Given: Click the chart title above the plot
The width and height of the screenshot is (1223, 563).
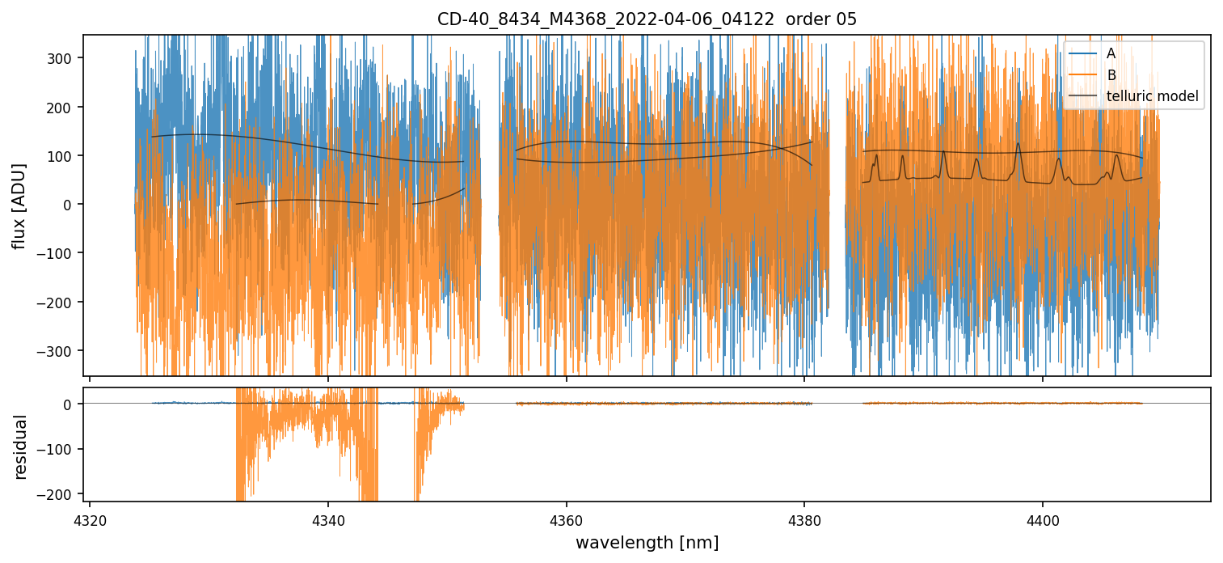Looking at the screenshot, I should (647, 19).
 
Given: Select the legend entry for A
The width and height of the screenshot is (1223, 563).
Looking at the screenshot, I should (1111, 53).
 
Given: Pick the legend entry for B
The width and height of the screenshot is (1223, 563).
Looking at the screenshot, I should (1111, 75).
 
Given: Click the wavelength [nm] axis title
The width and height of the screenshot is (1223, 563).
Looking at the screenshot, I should (647, 542).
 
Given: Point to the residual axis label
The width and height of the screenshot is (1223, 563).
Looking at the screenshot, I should (21, 447).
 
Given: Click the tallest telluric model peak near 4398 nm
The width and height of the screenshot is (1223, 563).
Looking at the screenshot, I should (1018, 144).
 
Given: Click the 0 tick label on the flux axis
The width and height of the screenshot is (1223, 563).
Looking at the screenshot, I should (68, 205).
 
